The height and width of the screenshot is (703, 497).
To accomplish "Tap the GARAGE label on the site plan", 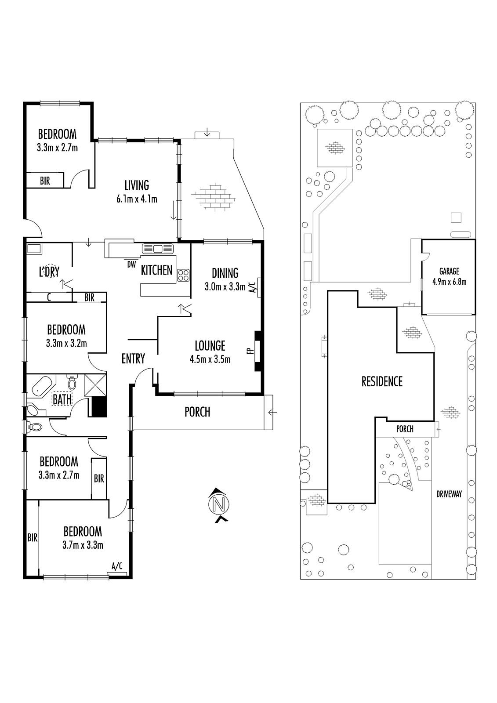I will tap(449, 272).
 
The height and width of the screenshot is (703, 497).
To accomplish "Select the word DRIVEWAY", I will tap(449, 494).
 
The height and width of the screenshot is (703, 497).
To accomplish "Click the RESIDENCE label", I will tap(382, 381).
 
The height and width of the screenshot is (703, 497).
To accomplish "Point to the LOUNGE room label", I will tap(210, 346).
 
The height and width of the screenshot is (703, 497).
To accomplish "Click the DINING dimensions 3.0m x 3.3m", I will tap(225, 287).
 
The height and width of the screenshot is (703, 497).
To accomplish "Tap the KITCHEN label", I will tap(156, 270).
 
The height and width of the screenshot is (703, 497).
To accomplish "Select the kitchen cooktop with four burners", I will tap(183, 275).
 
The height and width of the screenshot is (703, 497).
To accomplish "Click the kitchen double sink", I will tap(158, 249).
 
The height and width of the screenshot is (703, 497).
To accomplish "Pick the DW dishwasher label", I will tap(131, 265).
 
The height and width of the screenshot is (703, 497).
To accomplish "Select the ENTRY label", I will tap(133, 359).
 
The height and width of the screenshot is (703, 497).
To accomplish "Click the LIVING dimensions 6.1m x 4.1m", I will tap(137, 199).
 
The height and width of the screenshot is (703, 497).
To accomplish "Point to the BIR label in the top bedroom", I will tap(45, 181).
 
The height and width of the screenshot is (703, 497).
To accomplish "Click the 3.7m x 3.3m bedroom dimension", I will tap(83, 545).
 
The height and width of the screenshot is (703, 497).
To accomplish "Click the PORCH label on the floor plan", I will tap(197, 412).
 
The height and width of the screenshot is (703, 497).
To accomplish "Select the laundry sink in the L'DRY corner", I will tap(34, 249).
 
